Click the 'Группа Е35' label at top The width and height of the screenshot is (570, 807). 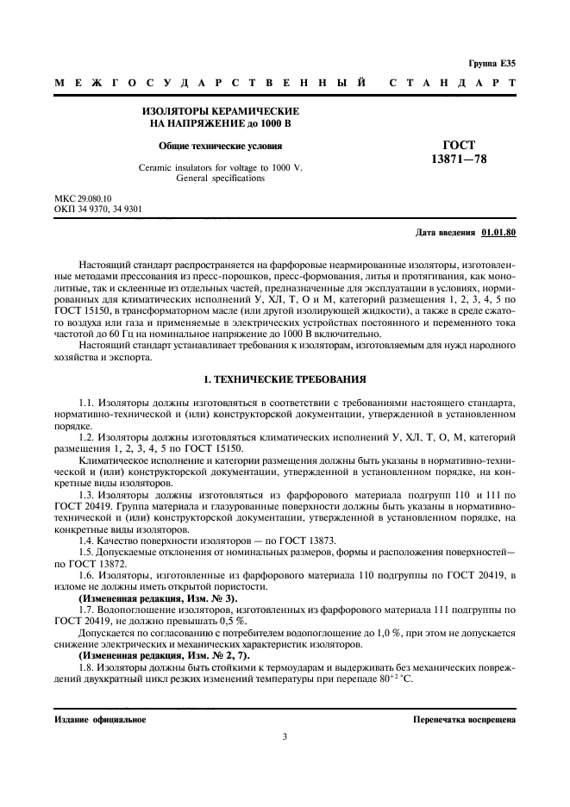pos(492,64)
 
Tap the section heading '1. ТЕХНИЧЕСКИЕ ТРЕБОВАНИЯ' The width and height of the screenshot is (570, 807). pos(285,378)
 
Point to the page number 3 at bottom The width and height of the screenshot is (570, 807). pos(285,738)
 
